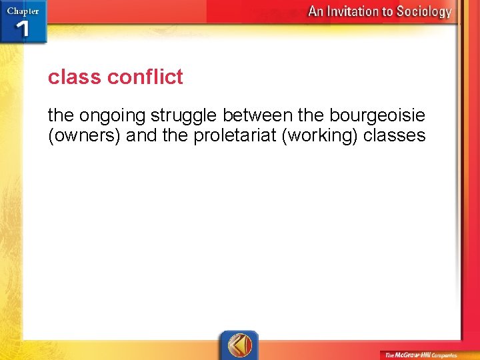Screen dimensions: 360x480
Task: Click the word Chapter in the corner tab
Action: point(22,11)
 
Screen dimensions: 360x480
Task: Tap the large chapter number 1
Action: point(23,29)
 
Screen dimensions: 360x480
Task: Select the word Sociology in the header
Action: point(424,11)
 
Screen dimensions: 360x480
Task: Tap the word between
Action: point(257,116)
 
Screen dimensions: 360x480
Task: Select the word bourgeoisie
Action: point(377,116)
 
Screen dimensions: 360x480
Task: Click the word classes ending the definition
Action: point(396,136)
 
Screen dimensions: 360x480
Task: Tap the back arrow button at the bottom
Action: point(239,345)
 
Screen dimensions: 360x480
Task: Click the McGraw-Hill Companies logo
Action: point(419,355)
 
